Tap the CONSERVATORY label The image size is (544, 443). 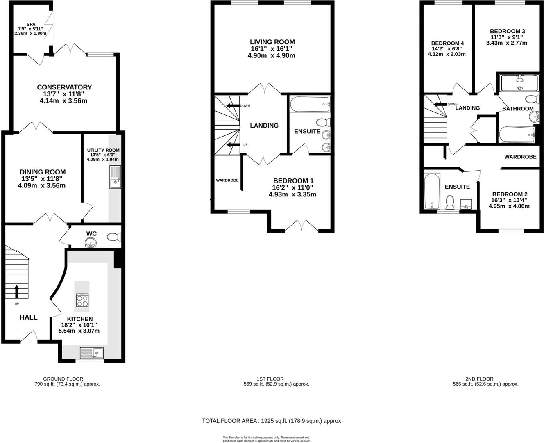tap(64, 87)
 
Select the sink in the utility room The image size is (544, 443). tap(115, 177)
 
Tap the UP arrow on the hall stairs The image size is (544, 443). tap(17, 291)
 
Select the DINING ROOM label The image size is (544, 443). tap(43, 172)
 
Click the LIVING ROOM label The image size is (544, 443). tap(272, 42)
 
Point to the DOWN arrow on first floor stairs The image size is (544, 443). tap(233, 106)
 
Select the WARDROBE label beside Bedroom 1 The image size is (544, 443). tap(227, 180)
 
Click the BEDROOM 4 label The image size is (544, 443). tap(447, 43)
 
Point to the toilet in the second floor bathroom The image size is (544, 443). tap(532, 99)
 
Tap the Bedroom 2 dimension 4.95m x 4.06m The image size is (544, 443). tap(509, 206)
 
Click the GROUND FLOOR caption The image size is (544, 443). tap(63, 379)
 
